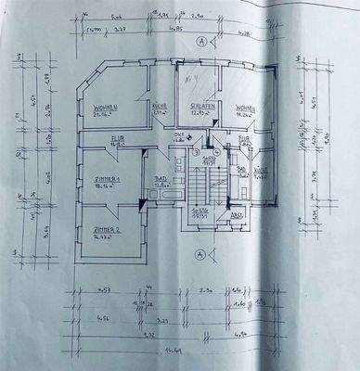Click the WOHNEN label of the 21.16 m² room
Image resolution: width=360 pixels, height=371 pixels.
[109, 108]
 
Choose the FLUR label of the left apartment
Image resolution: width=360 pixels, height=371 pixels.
[92, 140]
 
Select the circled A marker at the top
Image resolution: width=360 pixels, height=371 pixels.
[201, 42]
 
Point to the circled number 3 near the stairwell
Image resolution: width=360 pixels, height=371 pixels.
[196, 152]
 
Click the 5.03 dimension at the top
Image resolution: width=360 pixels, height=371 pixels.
[117, 17]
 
